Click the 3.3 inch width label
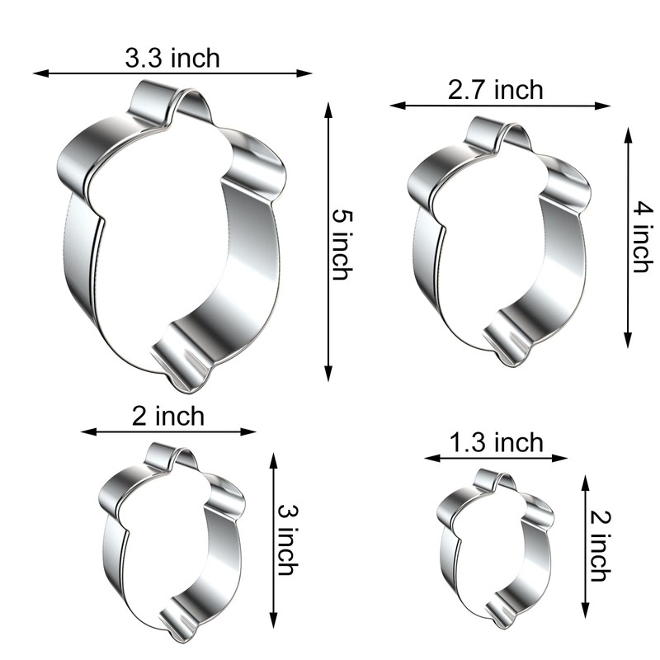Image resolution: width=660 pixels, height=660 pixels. coord(172,58)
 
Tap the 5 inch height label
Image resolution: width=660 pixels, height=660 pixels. coord(340,244)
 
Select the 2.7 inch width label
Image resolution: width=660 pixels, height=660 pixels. coord(496,89)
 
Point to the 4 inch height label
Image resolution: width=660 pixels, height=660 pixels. coord(641,238)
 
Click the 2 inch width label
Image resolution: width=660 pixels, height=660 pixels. coord(167,416)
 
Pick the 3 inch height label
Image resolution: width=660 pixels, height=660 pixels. coord(285,540)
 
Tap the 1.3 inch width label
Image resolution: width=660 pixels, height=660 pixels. coord(497,443)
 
